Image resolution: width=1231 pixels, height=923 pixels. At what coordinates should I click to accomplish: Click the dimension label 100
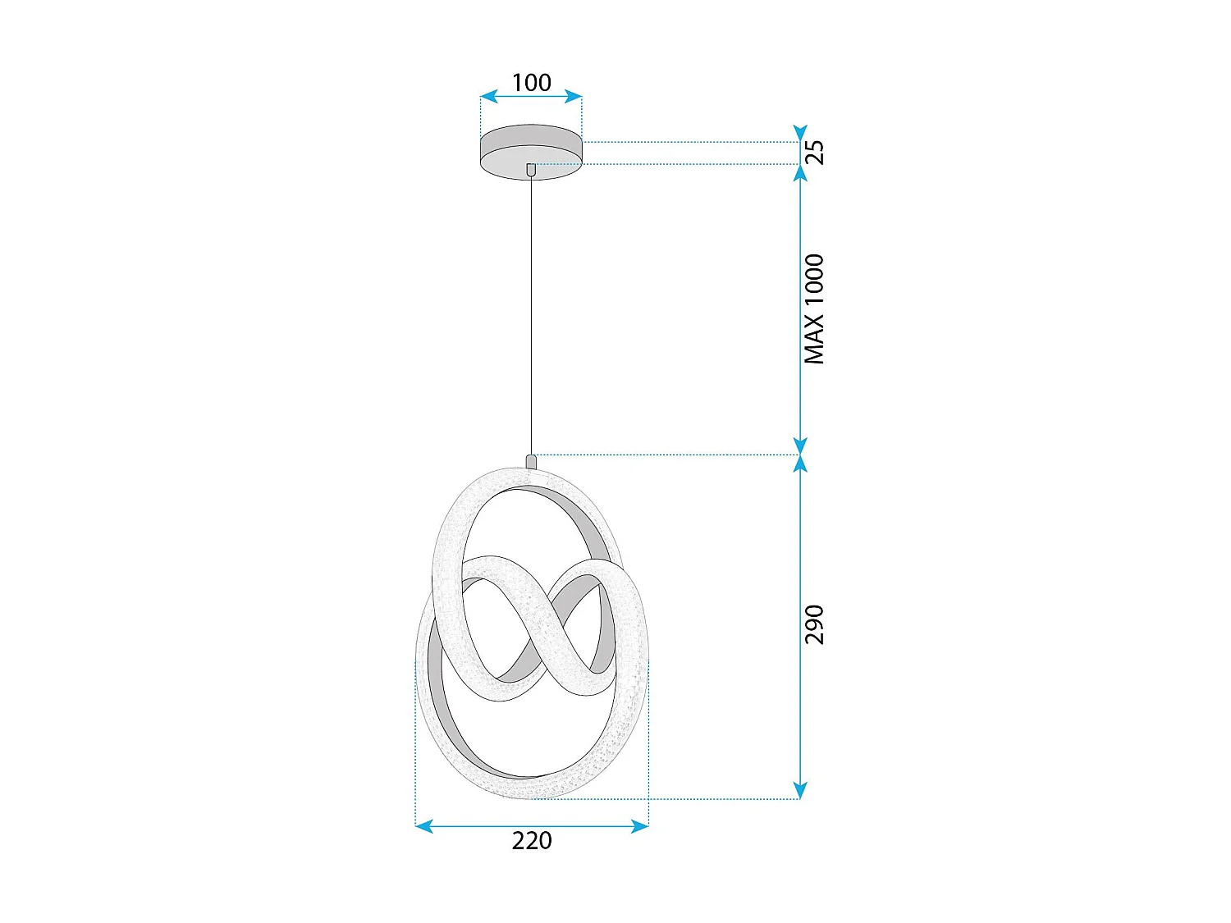click(x=531, y=82)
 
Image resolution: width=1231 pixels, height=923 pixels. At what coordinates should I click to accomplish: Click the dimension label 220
click(x=532, y=841)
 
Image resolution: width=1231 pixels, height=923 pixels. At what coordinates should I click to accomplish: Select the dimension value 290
click(x=813, y=624)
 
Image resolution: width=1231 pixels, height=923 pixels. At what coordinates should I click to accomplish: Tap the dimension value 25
click(x=813, y=153)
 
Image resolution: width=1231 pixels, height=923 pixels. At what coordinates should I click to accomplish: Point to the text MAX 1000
click(x=813, y=309)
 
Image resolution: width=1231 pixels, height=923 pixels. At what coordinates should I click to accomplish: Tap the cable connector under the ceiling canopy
click(x=531, y=170)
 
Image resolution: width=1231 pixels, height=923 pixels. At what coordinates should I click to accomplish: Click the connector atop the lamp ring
click(x=531, y=461)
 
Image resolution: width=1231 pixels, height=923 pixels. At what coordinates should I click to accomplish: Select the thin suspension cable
click(x=531, y=312)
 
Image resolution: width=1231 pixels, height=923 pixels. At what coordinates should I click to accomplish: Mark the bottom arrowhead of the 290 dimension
click(x=800, y=791)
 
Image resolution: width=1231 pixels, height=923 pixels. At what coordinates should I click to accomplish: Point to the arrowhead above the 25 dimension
click(x=800, y=133)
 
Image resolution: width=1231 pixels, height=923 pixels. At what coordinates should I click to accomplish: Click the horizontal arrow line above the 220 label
click(x=532, y=826)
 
